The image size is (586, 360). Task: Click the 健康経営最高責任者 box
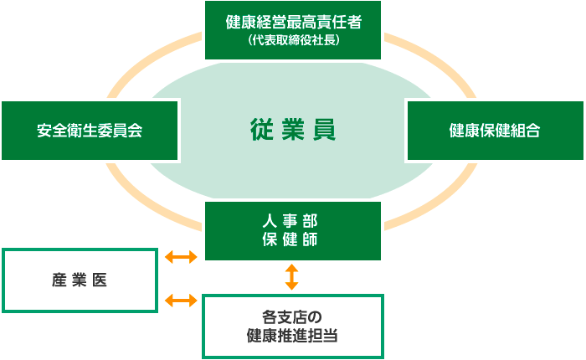[292, 29]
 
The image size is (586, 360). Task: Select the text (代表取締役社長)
[293, 39]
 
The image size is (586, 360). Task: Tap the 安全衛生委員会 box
[90, 130]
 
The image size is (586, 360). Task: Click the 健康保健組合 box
[494, 130]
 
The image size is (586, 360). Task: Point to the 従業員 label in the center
[292, 130]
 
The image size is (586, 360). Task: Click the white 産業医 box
[80, 280]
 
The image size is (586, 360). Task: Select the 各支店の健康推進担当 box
[292, 326]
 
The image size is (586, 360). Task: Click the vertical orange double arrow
[291, 276]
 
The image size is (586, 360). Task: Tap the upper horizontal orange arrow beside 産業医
[181, 256]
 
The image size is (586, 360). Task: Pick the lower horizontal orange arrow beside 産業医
[181, 299]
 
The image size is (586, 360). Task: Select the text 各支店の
[292, 316]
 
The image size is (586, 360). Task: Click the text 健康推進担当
[292, 335]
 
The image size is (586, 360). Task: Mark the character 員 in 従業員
[324, 130]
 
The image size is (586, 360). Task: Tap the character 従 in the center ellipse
[261, 130]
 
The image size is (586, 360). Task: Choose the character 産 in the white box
[59, 280]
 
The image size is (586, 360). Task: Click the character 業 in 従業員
[292, 130]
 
